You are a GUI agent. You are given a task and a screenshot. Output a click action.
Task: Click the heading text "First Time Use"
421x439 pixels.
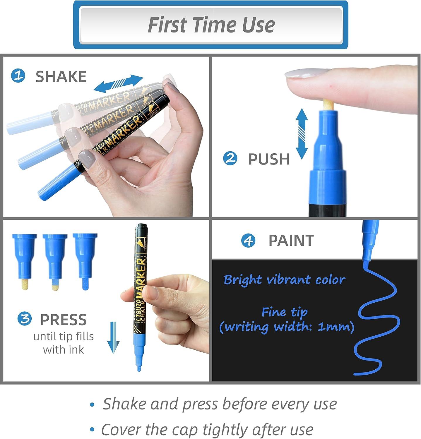211,25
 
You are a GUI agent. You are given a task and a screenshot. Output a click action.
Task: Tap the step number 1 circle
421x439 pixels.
18,76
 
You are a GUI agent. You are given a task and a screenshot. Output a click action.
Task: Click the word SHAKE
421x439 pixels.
61,76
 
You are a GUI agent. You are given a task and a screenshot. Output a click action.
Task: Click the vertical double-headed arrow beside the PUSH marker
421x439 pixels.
302,133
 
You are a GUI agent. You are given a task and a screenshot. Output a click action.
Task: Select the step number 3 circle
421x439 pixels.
25,319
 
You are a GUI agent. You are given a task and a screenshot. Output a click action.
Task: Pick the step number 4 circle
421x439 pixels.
248,241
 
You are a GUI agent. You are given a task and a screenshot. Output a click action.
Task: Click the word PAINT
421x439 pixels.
291,241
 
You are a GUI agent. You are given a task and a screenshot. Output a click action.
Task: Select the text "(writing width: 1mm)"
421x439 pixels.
287,327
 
